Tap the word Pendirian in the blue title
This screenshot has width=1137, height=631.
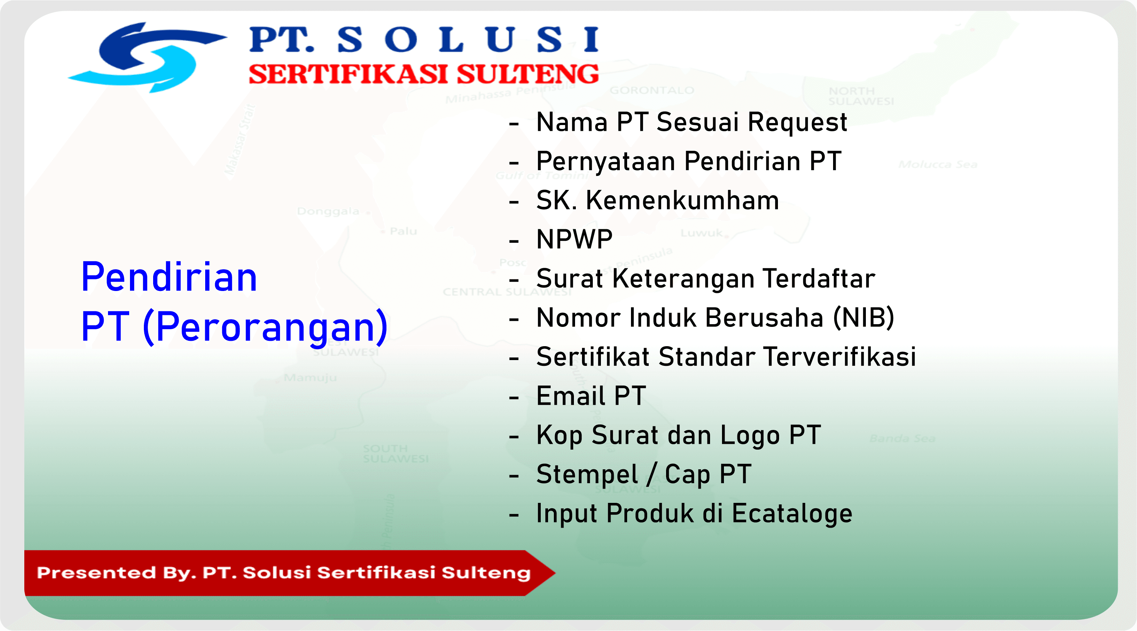pos(169,277)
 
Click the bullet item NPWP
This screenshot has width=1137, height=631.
pos(574,240)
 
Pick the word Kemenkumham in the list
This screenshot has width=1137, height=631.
pos(682,200)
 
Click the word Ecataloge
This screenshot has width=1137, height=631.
pos(792,514)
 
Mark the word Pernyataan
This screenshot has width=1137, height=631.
pos(606,162)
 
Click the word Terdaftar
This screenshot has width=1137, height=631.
pos(819,279)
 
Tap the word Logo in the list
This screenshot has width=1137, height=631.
pos(750,435)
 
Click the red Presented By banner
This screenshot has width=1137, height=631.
pos(283,573)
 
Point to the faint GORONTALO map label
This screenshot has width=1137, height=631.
pos(651,91)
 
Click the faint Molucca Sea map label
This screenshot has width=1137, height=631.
pos(938,165)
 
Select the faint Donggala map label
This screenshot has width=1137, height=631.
pos(328,211)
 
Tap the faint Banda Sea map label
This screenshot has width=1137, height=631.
pos(902,438)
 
